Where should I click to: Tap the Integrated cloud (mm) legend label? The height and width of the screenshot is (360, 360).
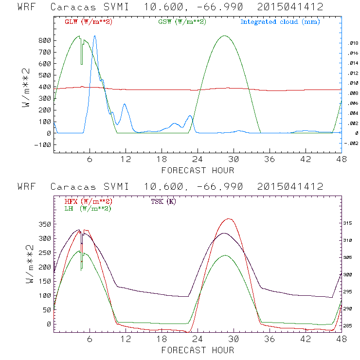(x=280, y=22)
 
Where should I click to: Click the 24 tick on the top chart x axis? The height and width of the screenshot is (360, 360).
(x=197, y=160)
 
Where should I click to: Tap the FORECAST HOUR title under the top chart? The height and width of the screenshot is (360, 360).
(x=198, y=170)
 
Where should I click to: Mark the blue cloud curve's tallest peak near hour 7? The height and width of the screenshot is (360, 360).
(x=95, y=36)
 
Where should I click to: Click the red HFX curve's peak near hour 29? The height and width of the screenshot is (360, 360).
(x=228, y=219)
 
